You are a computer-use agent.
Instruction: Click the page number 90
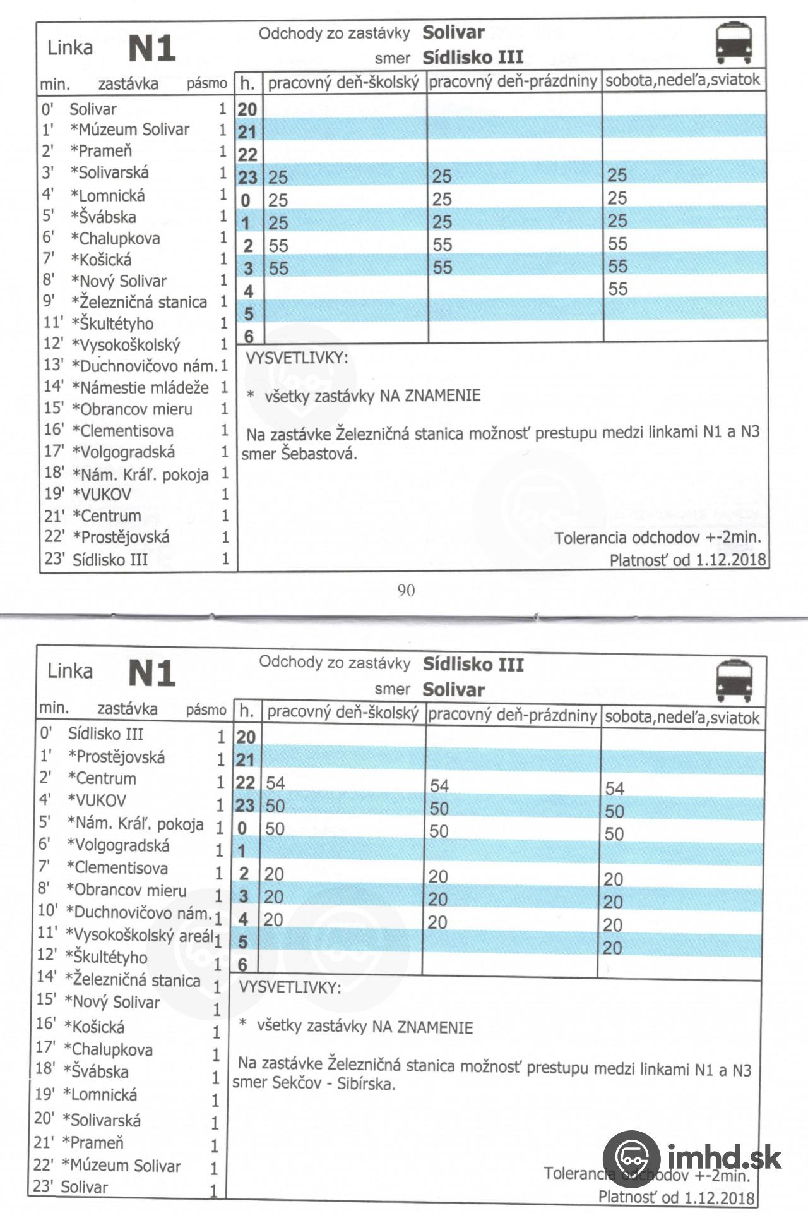[406, 590]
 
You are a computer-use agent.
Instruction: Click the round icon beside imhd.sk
[631, 1159]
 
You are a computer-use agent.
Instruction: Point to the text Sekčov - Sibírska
[333, 1083]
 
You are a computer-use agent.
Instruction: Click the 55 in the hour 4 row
[617, 289]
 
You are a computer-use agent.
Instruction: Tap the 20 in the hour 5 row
[612, 947]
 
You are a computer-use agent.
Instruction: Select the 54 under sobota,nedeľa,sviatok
[614, 788]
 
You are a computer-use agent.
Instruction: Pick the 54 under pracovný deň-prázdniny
[439, 785]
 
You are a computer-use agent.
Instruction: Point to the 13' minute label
[54, 365]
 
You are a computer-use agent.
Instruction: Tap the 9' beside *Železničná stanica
[49, 301]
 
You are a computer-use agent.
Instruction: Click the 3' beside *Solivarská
[48, 172]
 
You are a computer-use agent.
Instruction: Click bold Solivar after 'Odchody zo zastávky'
[453, 32]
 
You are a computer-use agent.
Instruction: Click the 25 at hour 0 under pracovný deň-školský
[278, 200]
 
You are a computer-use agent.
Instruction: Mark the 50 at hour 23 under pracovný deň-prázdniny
[439, 808]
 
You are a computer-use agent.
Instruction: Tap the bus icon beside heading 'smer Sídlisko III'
[734, 42]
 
